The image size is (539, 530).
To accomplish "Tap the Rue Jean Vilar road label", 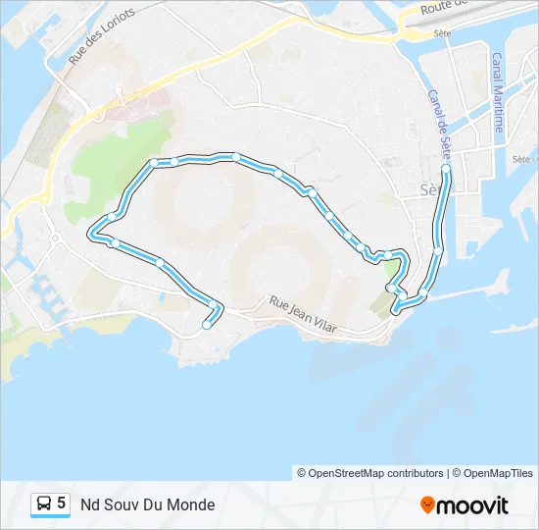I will [303, 317].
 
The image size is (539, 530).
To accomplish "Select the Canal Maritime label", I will [498, 93].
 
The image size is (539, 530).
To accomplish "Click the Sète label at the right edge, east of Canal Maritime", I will [522, 158].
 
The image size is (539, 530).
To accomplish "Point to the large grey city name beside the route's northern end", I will [429, 189].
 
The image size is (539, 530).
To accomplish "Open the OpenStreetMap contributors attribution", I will [370, 473].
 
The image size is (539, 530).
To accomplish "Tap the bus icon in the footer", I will [44, 504].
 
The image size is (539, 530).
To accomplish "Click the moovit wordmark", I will [472, 505].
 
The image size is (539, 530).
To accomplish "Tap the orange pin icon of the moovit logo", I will [427, 505].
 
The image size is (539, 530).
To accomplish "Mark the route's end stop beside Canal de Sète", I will [446, 170].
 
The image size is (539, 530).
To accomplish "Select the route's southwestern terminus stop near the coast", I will [206, 325].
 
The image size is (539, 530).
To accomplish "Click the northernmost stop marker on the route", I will [236, 157].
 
